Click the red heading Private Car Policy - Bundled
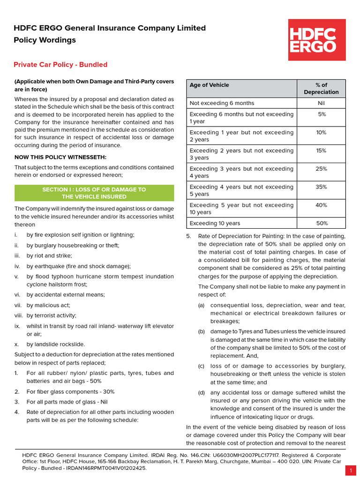(60, 65)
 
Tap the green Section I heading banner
(94, 193)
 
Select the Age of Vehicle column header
(210, 85)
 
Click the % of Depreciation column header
(321, 89)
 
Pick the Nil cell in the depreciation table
(321, 103)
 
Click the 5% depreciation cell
(322, 114)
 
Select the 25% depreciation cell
(321, 169)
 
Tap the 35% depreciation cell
(321, 187)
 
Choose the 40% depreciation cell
(321, 205)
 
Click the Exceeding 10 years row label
(215, 224)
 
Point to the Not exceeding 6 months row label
(222, 103)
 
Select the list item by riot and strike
(49, 256)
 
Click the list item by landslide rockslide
(56, 344)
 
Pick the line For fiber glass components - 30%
(70, 391)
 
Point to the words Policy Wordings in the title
(45, 40)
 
